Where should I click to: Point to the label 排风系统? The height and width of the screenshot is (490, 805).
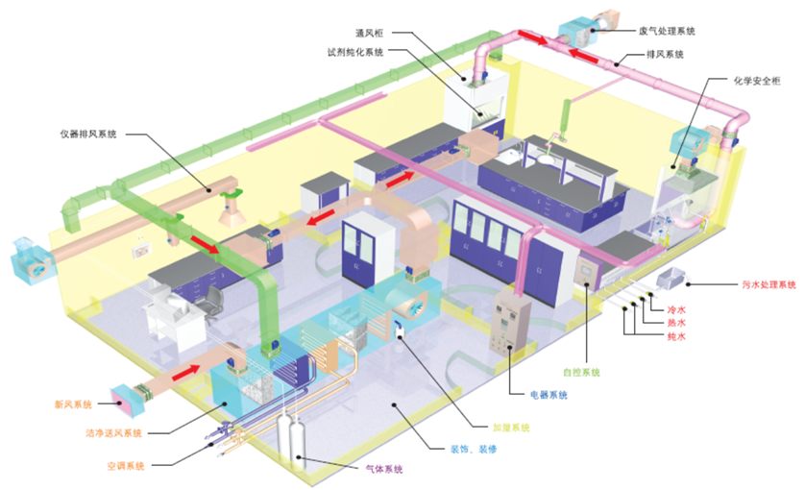click(x=665, y=55)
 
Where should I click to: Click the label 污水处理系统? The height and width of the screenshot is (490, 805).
click(x=768, y=284)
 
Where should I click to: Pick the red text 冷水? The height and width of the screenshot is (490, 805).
click(x=676, y=310)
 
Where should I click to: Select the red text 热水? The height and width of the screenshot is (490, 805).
click(x=676, y=324)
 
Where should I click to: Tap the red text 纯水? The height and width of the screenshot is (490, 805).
click(x=676, y=337)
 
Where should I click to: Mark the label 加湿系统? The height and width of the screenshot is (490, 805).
click(x=511, y=427)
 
